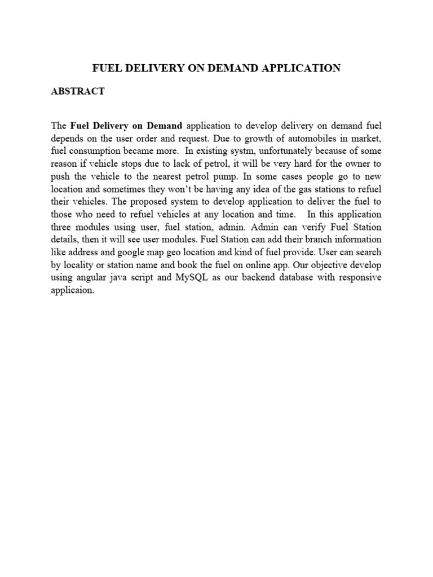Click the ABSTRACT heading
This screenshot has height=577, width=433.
78,91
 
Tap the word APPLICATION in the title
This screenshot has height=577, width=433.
300,68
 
